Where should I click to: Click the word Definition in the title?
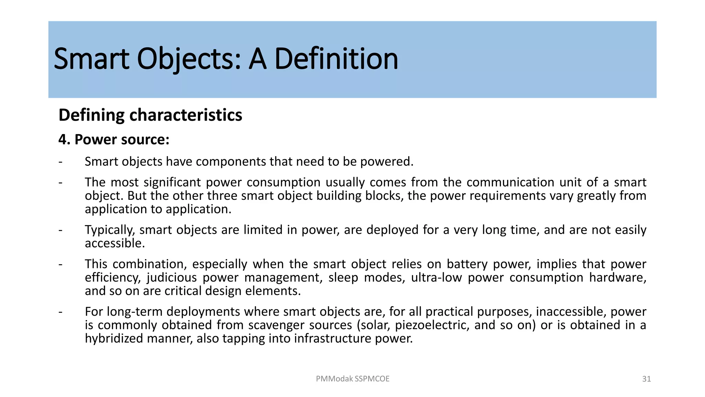point(336,59)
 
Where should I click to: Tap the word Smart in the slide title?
point(92,59)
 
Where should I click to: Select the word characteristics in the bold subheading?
point(186,115)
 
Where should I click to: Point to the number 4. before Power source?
point(64,140)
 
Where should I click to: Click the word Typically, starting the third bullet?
point(110,230)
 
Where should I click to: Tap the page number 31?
point(646,379)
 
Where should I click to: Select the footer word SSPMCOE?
point(372,379)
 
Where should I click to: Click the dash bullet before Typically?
point(61,230)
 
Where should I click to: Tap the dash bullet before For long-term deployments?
point(61,312)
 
